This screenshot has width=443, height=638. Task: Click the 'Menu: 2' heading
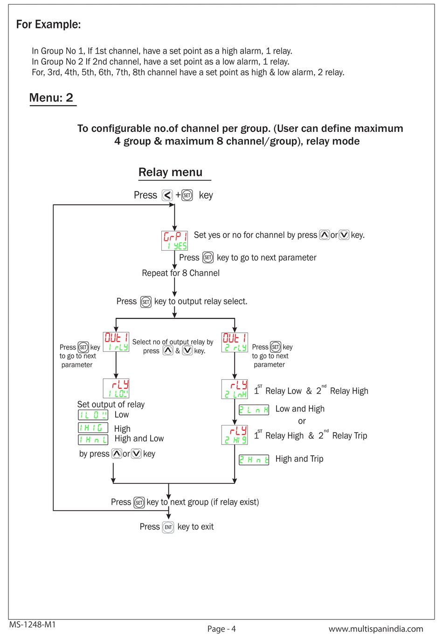[x=51, y=98]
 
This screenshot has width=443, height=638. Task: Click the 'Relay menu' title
[x=171, y=172]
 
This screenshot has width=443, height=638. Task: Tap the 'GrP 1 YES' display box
[x=174, y=240]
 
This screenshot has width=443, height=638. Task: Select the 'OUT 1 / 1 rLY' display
[x=116, y=342]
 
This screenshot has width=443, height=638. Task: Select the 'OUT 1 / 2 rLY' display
[x=235, y=342]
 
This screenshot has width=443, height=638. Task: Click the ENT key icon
[x=168, y=527]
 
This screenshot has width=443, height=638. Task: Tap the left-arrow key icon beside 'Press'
[x=167, y=195]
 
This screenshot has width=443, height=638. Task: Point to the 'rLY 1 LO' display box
[x=116, y=388]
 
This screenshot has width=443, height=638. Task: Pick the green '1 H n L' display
[x=93, y=439]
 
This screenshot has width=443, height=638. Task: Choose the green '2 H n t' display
[x=254, y=460]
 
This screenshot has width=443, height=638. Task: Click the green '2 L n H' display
[x=254, y=410]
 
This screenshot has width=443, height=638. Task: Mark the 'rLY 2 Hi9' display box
[x=235, y=435]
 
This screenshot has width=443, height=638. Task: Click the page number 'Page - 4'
[x=221, y=629]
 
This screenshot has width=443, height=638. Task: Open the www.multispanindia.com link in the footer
[x=376, y=629]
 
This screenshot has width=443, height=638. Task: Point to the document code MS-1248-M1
[x=32, y=624]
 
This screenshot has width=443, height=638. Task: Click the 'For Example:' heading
[x=48, y=24]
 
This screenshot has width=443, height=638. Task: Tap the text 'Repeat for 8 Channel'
[x=180, y=273]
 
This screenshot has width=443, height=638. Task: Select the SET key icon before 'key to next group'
[x=139, y=502]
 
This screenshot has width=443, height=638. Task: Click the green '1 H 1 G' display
[x=93, y=427]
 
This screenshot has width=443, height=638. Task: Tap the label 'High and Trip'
[x=299, y=459]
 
